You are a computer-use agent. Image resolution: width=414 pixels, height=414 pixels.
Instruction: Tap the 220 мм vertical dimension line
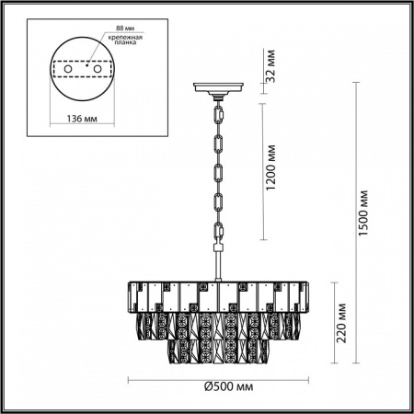pos(331,322)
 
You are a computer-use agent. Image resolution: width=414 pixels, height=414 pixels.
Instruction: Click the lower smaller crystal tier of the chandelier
pos(220,352)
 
